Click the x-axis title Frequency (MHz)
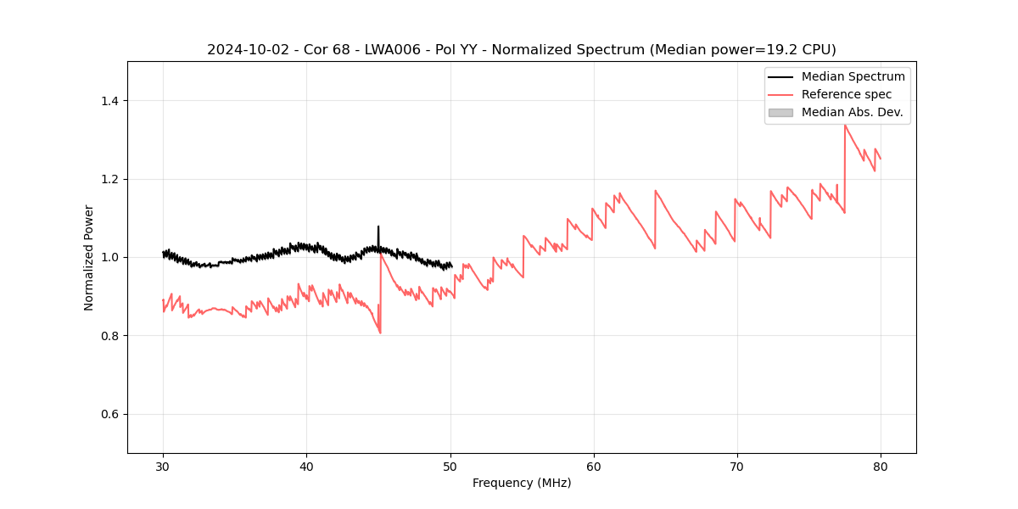522,483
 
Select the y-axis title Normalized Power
89,257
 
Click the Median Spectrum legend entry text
853,76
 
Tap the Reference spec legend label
847,94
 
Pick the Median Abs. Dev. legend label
852,112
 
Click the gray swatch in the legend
780,112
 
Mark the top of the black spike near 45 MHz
378,227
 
